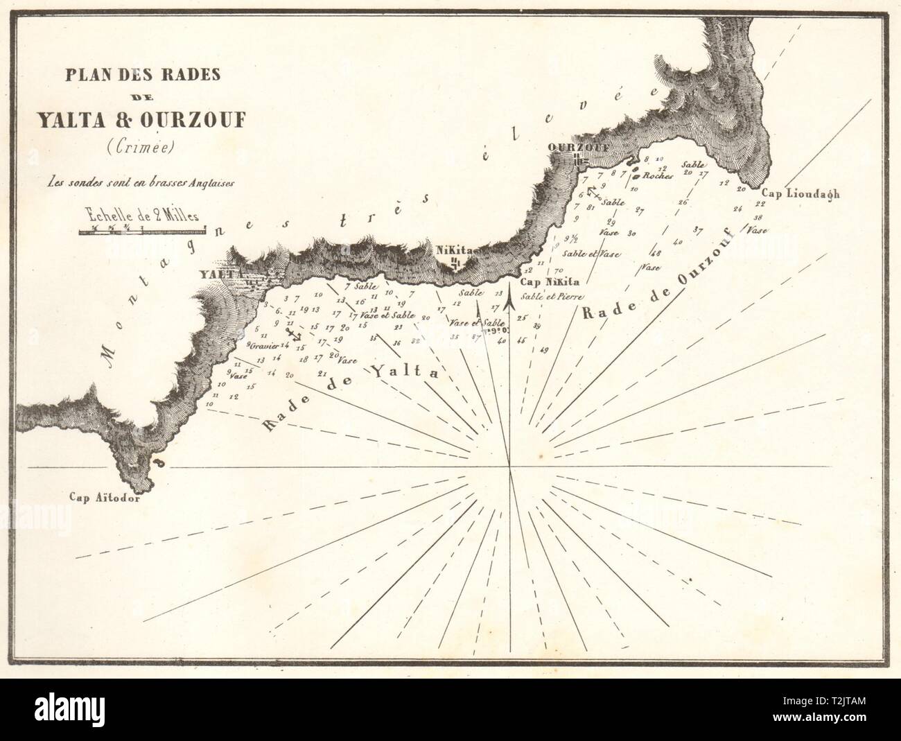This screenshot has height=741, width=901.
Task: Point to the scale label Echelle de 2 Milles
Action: [143, 214]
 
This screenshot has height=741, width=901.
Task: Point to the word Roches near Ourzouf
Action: [658, 176]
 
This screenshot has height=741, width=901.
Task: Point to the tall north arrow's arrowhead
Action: [511, 299]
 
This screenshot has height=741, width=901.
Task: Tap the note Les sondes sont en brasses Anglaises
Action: [142, 184]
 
